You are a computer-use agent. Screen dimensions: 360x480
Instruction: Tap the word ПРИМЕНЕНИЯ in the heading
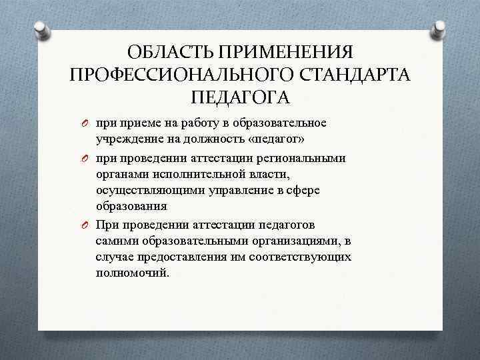tap(285, 52)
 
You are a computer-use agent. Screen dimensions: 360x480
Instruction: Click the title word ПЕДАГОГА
tap(239, 97)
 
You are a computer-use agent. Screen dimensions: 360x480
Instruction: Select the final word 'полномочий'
tap(131, 273)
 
